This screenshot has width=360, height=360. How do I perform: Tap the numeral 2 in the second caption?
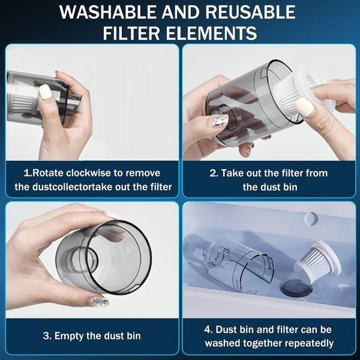click(x=213, y=173)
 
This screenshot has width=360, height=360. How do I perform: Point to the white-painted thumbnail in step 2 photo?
click(x=304, y=107)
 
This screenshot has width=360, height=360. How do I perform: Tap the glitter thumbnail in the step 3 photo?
click(x=99, y=301)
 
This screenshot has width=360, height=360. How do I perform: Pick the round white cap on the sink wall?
click(x=310, y=217)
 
